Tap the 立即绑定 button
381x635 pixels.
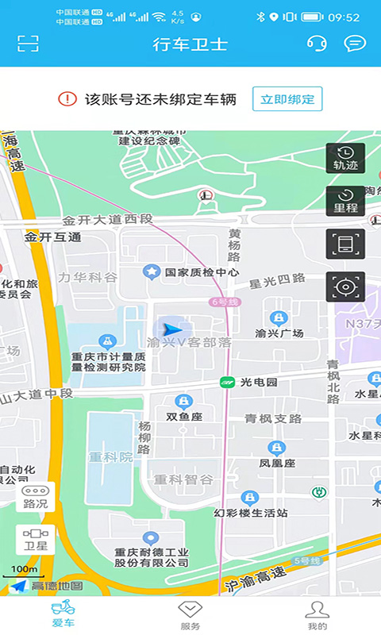coord(287,99)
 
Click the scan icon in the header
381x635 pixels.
coord(29,44)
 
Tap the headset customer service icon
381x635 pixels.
coord(316,44)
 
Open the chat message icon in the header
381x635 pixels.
coord(355,44)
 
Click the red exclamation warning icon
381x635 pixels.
coord(67,99)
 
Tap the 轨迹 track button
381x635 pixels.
coord(345,158)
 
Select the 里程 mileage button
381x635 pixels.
coord(345,201)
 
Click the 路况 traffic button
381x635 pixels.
coord(36,497)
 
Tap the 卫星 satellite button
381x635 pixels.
coord(36,539)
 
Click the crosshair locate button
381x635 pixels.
coord(345,287)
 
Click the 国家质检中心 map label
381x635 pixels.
coord(201,272)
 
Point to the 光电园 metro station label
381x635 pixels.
coord(259,382)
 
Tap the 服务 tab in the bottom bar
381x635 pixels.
coord(190,614)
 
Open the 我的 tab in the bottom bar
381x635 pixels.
coord(317,614)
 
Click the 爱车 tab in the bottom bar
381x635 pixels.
coord(63,614)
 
